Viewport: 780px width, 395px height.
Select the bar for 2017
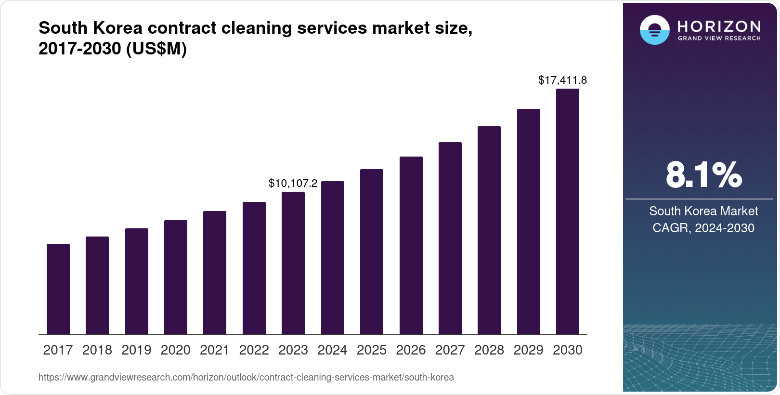[x=58, y=289]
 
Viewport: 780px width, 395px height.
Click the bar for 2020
[x=176, y=277]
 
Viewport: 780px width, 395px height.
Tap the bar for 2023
[x=293, y=263]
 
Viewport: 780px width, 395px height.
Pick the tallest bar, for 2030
[x=568, y=211]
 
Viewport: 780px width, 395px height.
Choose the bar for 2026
[x=411, y=246]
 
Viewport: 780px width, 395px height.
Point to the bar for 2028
[x=489, y=230]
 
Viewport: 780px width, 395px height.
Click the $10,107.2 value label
[x=293, y=184]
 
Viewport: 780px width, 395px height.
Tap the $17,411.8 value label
[x=562, y=80]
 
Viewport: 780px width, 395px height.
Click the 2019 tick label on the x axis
[x=136, y=350]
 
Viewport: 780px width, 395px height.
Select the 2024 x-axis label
[x=332, y=350]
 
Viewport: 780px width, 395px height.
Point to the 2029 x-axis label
[x=528, y=350]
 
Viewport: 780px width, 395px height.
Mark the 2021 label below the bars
[x=215, y=350]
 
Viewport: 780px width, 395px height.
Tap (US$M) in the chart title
[x=156, y=49]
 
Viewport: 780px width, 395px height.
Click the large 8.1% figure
[x=703, y=175]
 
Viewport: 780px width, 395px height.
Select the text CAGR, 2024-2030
[x=703, y=228]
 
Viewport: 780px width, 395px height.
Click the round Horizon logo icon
[x=654, y=30]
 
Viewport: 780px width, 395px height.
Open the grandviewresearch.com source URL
[x=246, y=378]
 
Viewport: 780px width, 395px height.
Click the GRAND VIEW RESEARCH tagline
[x=719, y=39]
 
